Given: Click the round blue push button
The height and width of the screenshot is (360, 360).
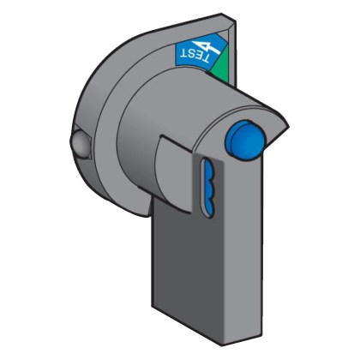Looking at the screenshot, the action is coord(244,140).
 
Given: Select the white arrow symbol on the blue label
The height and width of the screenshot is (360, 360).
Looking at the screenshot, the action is coord(207,46).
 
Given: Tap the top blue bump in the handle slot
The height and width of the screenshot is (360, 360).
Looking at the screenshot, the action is coord(208,172).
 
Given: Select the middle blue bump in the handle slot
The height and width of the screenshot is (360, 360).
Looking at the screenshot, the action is coord(209,189).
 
